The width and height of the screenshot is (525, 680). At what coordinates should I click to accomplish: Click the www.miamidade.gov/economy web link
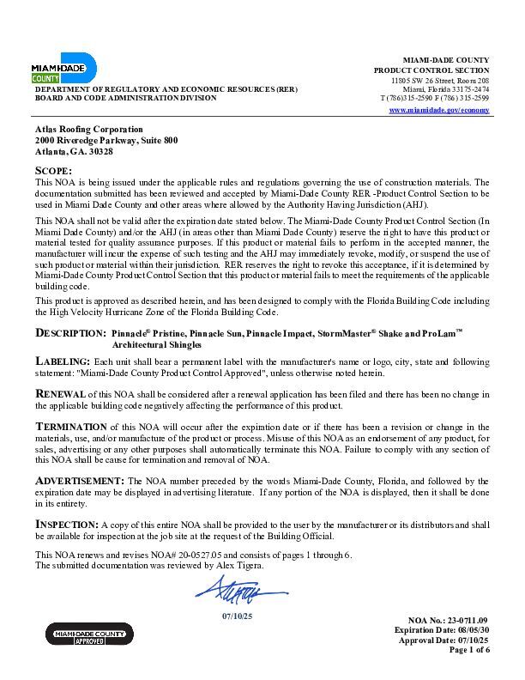point(439,111)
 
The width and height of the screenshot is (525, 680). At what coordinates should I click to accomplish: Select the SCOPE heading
point(53,172)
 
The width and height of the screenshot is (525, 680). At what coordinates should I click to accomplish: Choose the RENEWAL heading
point(59,392)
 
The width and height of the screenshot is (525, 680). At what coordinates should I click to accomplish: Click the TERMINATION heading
point(70,426)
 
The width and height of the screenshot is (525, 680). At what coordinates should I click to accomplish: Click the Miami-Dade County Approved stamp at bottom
point(89,634)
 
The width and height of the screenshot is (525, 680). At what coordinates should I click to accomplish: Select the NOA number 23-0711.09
point(469,620)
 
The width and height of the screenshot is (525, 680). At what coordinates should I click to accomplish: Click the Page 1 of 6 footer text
point(469,650)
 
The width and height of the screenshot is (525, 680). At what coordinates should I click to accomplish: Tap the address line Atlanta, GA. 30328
point(74,151)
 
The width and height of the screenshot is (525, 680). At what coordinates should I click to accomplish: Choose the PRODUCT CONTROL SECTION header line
point(431,70)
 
